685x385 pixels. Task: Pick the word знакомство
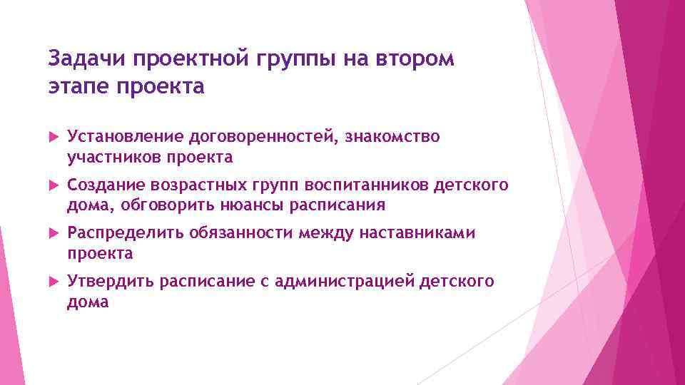point(392,136)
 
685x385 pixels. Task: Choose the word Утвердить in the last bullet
point(111,282)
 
